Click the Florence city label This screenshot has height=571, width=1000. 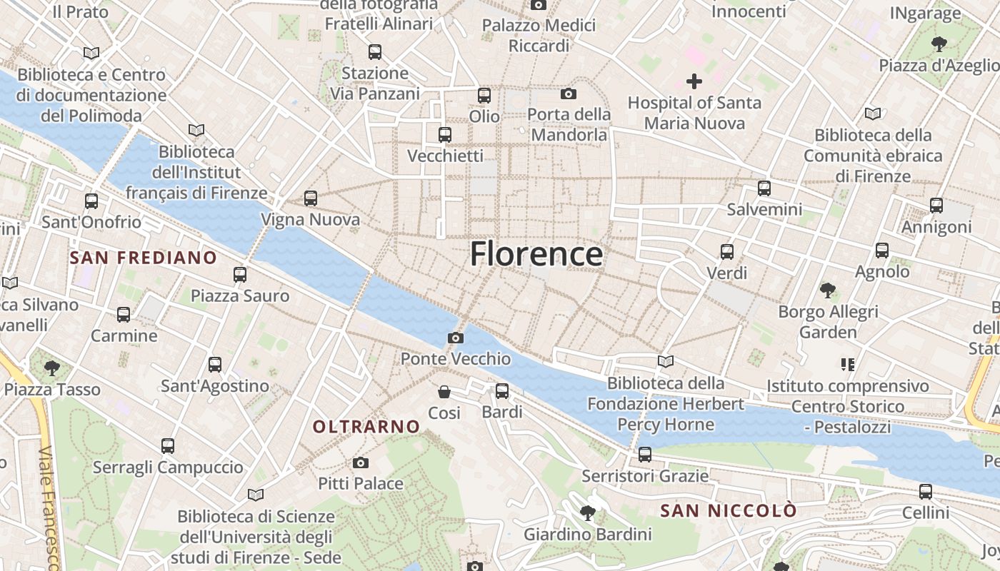click(x=536, y=255)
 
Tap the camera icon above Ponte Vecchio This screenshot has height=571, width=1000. click(x=455, y=338)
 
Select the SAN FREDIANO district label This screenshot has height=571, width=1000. click(x=144, y=258)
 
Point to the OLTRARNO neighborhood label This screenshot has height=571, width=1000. click(x=366, y=427)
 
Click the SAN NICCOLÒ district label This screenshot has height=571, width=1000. click(x=728, y=511)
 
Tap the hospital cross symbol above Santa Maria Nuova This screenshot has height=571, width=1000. click(x=694, y=81)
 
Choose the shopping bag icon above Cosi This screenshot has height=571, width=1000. click(x=444, y=392)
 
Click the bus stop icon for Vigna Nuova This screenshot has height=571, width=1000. click(x=310, y=198)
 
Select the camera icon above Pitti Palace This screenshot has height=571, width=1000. click(x=361, y=463)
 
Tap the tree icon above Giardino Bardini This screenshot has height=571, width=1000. click(x=588, y=512)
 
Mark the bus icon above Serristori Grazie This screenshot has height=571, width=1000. click(x=645, y=455)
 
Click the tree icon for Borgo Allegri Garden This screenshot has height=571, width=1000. click(x=828, y=290)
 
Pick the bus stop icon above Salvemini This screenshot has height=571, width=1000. click(x=764, y=188)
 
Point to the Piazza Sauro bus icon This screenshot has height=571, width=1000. click(x=240, y=275)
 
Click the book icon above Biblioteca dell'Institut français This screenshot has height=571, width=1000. click(x=196, y=131)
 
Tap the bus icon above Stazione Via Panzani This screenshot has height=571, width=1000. click(x=375, y=52)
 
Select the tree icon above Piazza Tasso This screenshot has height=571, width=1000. click(x=51, y=368)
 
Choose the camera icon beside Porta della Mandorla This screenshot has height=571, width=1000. click(x=569, y=94)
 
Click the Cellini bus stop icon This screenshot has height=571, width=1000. click(x=926, y=492)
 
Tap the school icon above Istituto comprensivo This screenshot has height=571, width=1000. click(x=848, y=365)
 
